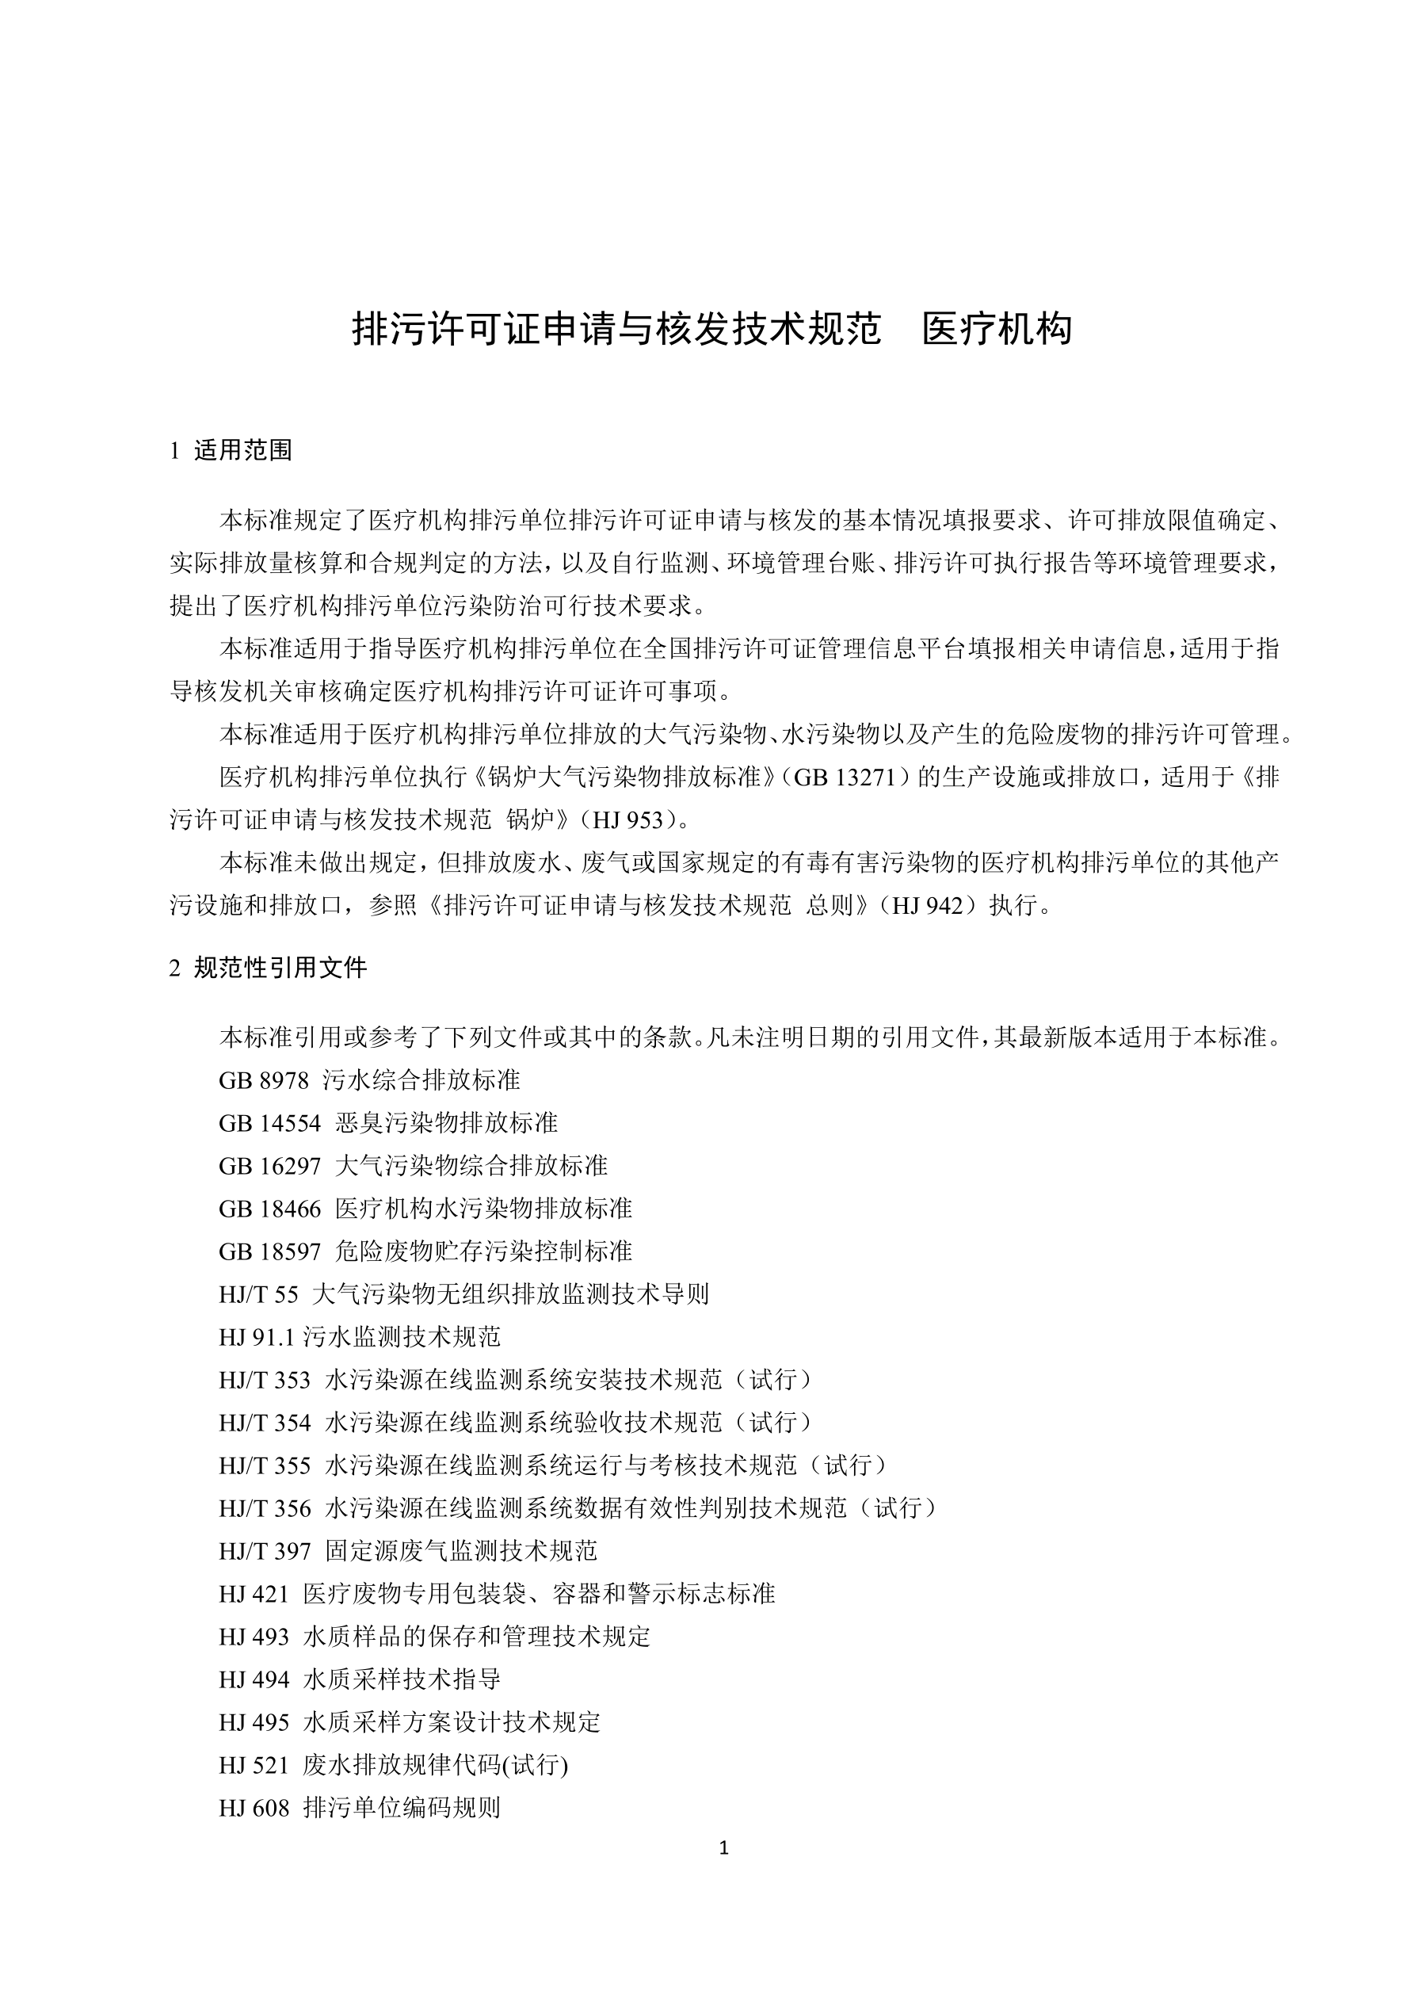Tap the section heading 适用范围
click(x=242, y=451)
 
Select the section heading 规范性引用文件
click(x=280, y=968)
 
